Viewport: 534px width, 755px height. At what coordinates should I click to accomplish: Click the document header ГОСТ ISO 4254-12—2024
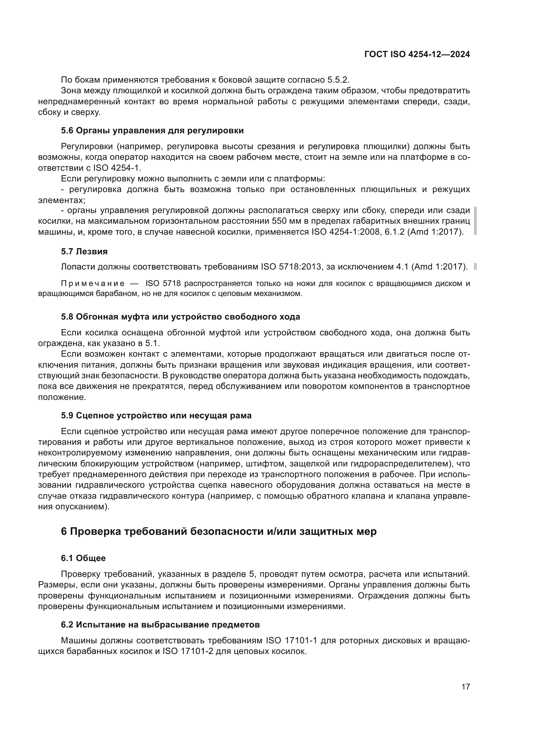pos(417,55)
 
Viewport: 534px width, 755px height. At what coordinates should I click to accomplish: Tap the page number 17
pos(466,687)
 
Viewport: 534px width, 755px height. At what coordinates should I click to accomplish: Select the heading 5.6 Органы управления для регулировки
pos(152,130)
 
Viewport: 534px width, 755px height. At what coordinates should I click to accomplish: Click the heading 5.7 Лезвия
pos(84,251)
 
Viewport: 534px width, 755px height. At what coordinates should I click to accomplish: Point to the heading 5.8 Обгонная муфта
pos(180,317)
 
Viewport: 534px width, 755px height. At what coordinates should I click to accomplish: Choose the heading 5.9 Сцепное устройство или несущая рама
pos(156,415)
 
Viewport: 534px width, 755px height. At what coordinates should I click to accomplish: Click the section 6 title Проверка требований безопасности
pos(219,531)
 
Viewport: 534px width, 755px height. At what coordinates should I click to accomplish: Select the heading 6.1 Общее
pos(83,558)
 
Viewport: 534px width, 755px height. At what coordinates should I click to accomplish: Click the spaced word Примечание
pos(93,283)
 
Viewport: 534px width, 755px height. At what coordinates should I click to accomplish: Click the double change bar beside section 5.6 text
pos(476,221)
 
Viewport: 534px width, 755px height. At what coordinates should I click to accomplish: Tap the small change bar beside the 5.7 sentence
pos(476,267)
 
